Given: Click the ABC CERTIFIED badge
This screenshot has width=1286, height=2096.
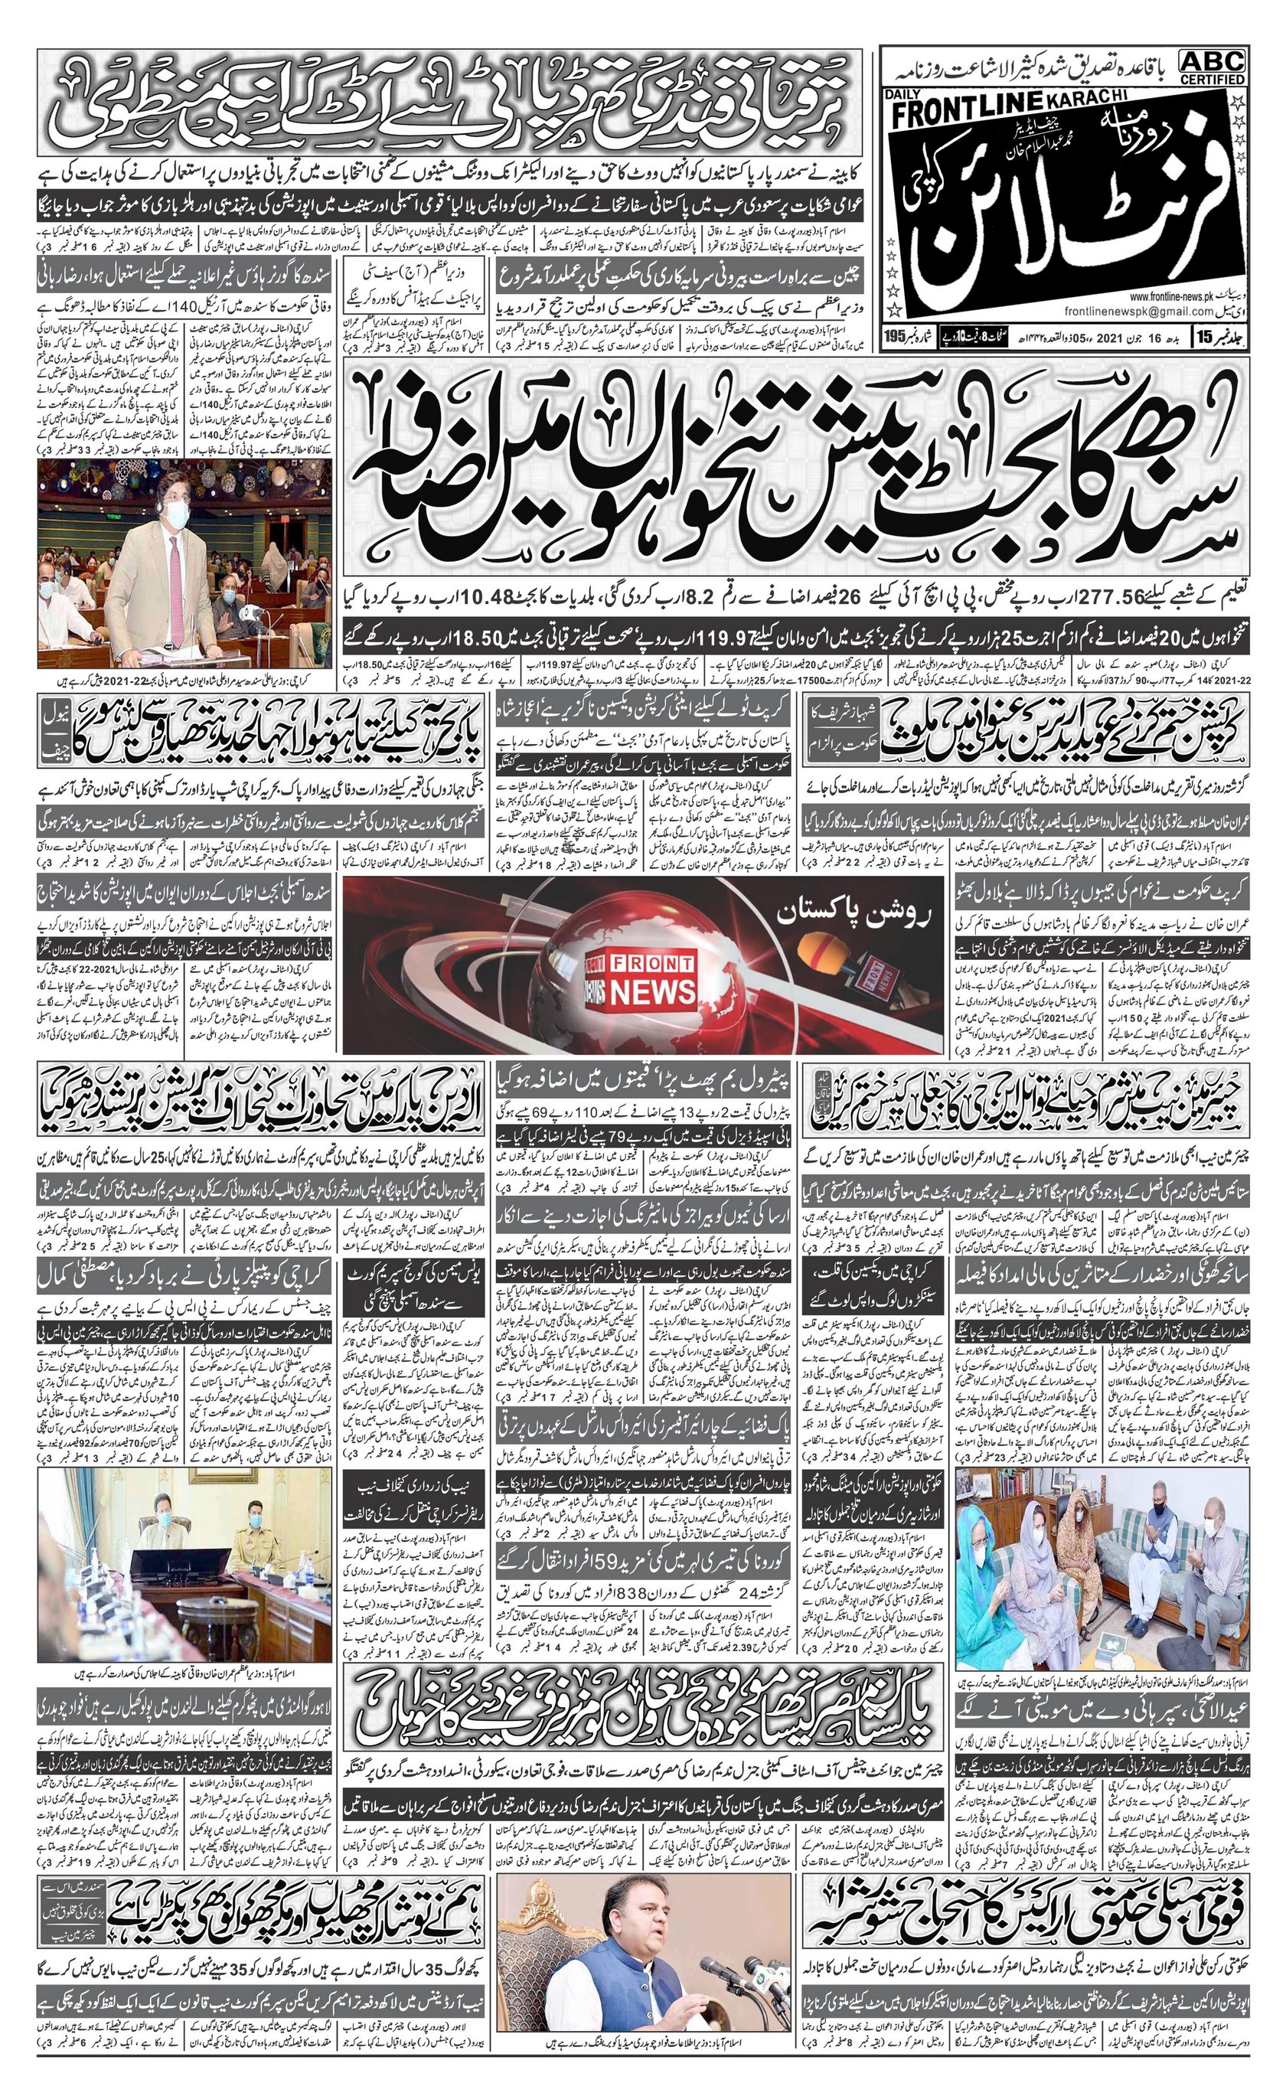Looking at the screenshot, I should click(1212, 67).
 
